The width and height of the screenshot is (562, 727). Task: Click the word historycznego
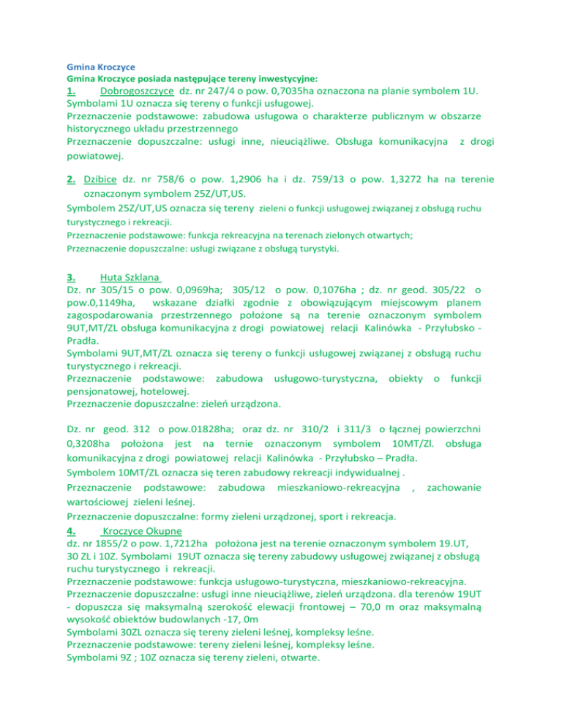pos(103,129)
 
